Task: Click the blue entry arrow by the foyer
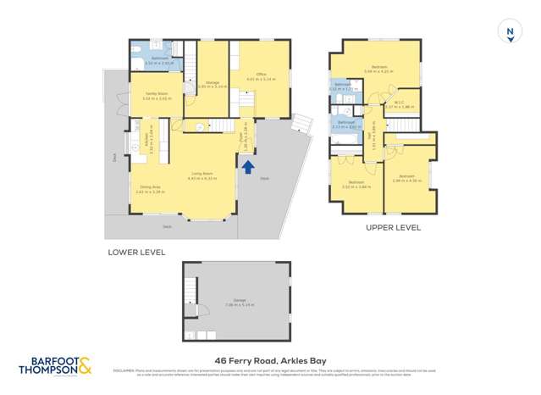(248, 167)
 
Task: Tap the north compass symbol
(510, 32)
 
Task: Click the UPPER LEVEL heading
(393, 228)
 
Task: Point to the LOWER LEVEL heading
(135, 253)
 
